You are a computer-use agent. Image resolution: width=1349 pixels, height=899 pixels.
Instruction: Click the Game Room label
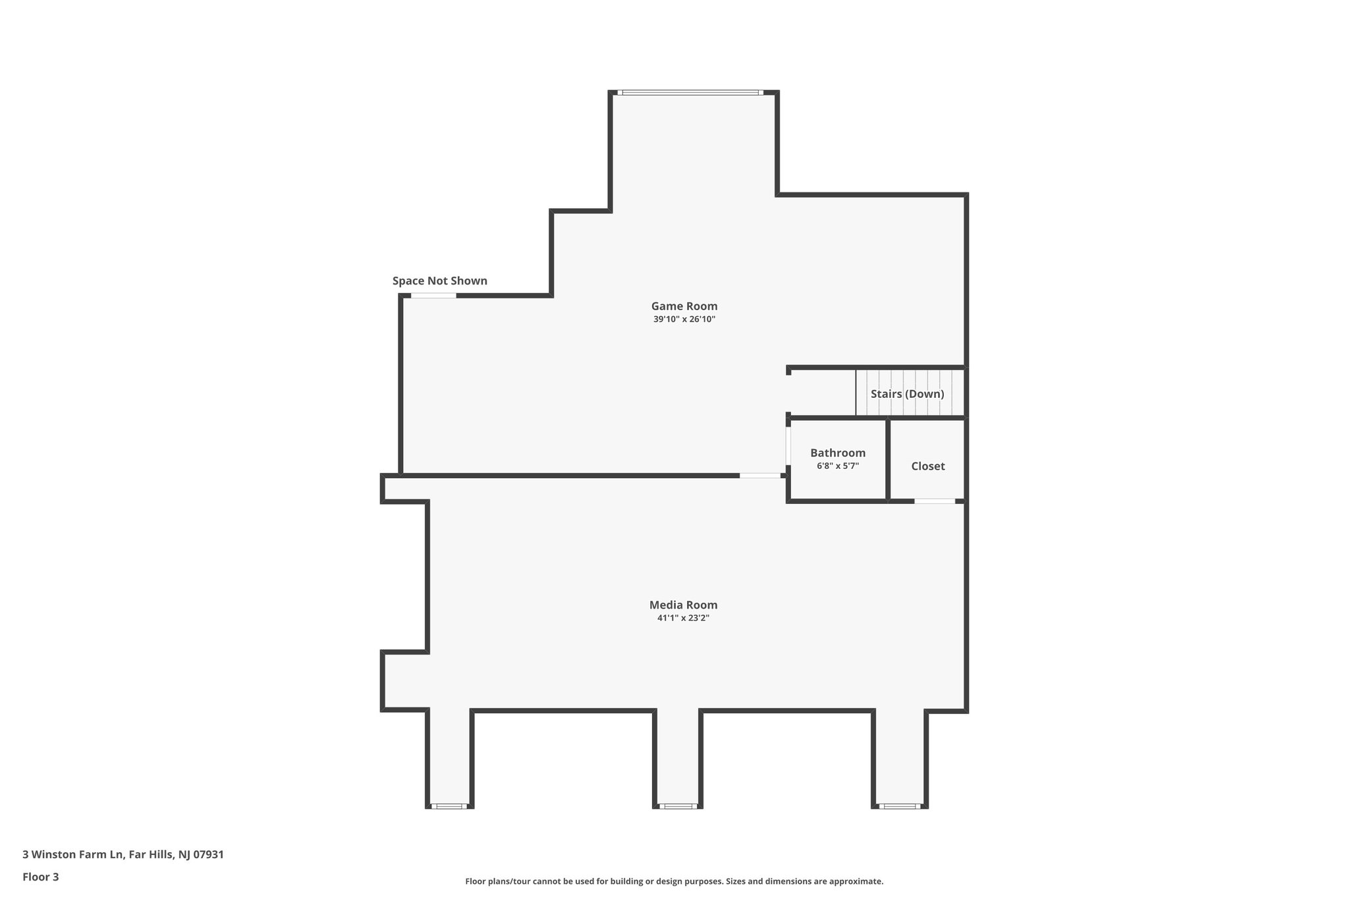pos(684,306)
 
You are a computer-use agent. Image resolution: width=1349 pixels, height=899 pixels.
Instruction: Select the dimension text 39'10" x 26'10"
pos(684,319)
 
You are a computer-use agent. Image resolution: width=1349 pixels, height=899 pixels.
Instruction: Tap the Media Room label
pos(683,605)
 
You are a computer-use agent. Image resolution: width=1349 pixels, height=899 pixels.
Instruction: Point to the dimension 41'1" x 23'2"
pos(683,618)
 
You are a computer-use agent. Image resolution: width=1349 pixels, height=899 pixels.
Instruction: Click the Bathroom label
pos(837,453)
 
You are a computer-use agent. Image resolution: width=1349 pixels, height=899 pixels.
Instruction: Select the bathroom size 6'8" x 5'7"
pos(837,466)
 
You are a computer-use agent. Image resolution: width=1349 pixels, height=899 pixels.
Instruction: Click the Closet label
pos(927,466)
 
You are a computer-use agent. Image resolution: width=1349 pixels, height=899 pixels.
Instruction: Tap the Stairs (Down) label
pos(907,394)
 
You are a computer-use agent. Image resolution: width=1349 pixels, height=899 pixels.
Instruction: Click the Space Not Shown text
pos(439,281)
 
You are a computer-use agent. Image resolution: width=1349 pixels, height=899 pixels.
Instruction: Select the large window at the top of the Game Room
pos(690,93)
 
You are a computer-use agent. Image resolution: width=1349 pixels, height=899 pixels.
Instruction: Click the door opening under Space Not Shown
pos(433,296)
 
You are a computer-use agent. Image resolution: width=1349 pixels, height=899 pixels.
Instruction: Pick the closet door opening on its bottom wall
pos(934,501)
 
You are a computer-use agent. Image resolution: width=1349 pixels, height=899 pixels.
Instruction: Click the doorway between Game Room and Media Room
pos(759,475)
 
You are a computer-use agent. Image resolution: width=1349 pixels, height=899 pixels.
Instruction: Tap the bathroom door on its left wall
pos(788,447)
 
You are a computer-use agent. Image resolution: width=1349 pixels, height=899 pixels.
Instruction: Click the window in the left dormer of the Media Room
pos(449,805)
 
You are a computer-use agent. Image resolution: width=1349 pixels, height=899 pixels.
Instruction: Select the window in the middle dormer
pos(677,805)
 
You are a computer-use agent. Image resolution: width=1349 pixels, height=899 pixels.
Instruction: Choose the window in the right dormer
pos(899,805)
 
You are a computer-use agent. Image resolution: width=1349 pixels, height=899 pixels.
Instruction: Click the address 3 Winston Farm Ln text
pos(123,855)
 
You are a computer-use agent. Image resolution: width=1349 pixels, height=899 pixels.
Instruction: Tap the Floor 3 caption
pos(41,877)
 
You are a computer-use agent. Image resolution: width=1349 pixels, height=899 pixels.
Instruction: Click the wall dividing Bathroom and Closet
pos(888,459)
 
